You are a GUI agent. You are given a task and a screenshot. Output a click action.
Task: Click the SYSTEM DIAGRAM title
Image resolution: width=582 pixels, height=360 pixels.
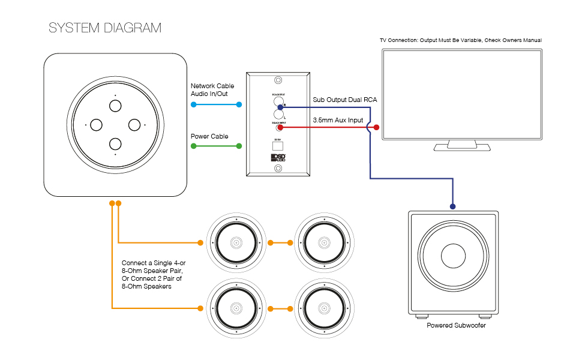[105, 28]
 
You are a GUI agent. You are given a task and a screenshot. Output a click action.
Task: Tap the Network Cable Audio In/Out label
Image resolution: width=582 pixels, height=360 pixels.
[212, 90]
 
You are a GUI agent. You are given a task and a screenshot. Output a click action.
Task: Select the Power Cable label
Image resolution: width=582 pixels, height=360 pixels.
[209, 137]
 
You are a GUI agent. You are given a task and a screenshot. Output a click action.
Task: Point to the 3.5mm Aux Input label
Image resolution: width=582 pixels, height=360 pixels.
[338, 120]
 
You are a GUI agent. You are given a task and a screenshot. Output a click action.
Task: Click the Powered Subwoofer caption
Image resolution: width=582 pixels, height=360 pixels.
[456, 325]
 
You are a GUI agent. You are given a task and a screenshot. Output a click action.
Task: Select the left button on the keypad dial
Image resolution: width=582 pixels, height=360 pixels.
[96, 125]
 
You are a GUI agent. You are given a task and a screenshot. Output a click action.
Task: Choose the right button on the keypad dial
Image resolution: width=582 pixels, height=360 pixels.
[134, 125]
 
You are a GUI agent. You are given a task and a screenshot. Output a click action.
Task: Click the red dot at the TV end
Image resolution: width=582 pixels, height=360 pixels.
[377, 127]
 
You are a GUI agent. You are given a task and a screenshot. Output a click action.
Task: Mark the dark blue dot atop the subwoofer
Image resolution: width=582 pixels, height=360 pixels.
[453, 206]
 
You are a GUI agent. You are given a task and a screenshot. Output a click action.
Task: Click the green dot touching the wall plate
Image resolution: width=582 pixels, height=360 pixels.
[239, 146]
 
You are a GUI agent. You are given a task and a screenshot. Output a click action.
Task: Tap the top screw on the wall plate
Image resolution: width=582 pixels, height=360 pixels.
[278, 80]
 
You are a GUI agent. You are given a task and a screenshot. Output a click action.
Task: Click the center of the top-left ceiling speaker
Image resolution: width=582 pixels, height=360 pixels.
[235, 243]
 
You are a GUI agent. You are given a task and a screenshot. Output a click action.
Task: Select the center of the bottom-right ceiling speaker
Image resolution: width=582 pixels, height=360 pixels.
[323, 308]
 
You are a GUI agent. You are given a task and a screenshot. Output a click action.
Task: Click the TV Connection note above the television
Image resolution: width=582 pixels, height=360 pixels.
[461, 40]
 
